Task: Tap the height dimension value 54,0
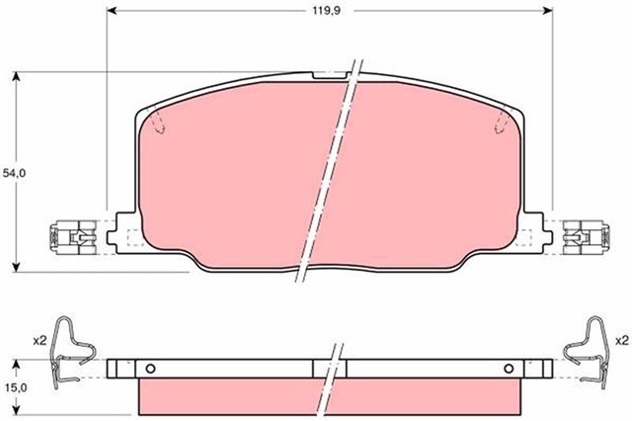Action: [14, 172]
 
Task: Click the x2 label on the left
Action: [39, 340]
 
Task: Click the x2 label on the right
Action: [620, 340]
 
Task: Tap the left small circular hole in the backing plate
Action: [150, 369]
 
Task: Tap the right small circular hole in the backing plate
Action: [507, 369]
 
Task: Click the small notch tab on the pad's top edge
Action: [329, 75]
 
